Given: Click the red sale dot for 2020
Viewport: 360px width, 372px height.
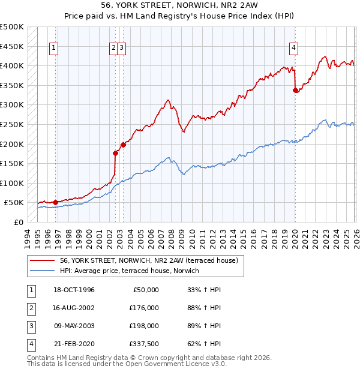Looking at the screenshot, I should [295, 91].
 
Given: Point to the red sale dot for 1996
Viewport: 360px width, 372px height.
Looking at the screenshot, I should [55, 202].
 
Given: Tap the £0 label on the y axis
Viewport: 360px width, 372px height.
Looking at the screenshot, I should [18, 222].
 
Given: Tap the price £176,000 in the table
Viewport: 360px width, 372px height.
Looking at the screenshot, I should [143, 308].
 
